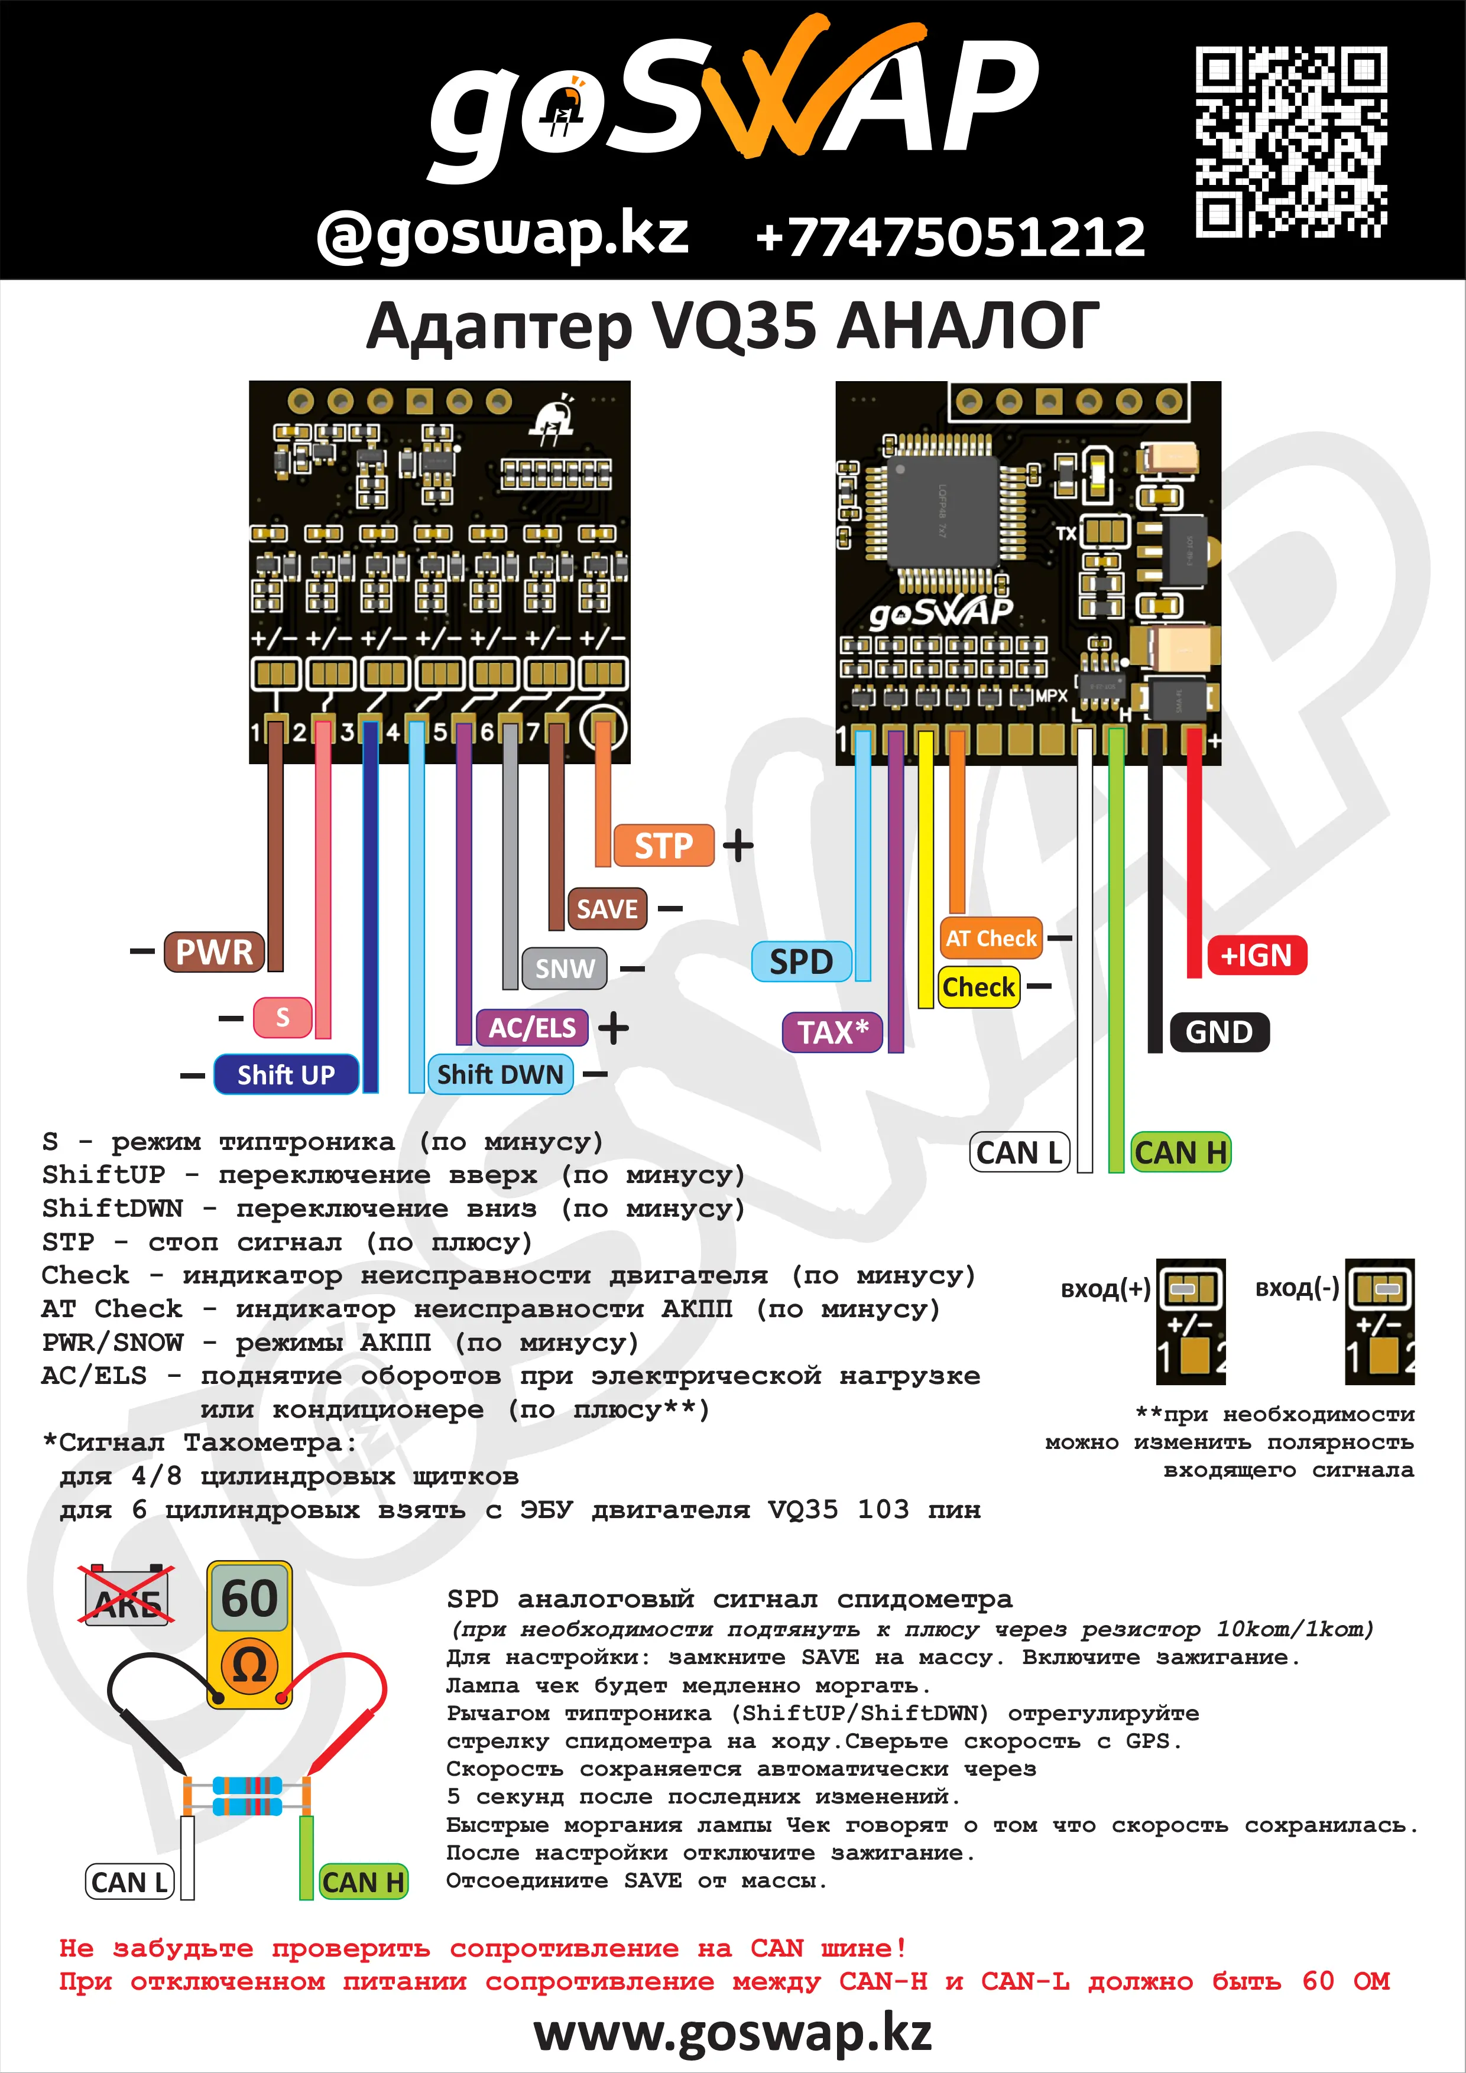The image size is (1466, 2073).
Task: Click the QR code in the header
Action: click(x=1291, y=142)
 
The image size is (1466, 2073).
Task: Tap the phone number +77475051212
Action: click(x=950, y=236)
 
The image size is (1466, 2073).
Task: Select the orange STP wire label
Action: click(x=663, y=846)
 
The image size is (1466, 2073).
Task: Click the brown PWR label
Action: click(x=214, y=951)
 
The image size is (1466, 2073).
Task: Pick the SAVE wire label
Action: click(x=607, y=909)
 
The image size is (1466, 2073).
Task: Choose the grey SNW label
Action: click(x=565, y=969)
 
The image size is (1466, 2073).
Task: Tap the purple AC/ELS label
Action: click(x=532, y=1028)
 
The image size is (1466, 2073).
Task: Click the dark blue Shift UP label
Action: click(x=286, y=1074)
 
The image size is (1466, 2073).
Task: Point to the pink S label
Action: click(x=283, y=1018)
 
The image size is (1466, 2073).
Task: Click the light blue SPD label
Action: click(x=801, y=961)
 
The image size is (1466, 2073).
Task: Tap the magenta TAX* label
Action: click(x=832, y=1032)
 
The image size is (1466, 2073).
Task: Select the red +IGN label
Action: click(x=1256, y=955)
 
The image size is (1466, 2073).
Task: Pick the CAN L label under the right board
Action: click(x=1019, y=1153)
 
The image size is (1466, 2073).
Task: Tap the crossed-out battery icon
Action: click(x=127, y=1596)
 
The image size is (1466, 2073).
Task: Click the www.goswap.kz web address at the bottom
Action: click(x=732, y=2033)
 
